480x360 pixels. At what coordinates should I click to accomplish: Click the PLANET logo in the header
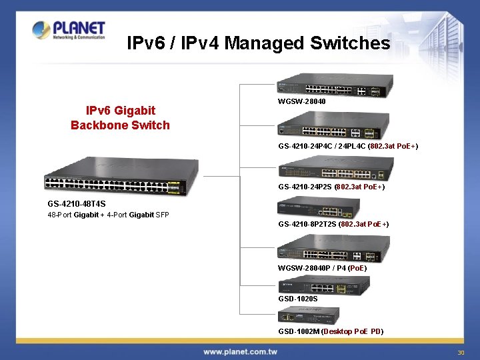point(69,31)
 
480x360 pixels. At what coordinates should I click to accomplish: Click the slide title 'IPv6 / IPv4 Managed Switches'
point(258,43)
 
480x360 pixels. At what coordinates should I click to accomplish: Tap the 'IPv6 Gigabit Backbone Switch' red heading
point(121,117)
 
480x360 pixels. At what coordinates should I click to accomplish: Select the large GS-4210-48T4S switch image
point(121,177)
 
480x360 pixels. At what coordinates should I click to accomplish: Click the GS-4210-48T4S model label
point(77,203)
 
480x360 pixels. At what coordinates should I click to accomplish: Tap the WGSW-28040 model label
point(302,102)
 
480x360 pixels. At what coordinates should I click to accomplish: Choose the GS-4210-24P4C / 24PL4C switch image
point(333,127)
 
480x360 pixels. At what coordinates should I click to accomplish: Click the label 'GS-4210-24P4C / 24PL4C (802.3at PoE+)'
point(348,146)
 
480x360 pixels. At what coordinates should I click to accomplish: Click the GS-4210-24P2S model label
point(331,187)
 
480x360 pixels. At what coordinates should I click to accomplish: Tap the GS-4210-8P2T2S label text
point(333,225)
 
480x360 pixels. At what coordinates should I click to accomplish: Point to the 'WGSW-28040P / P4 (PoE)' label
point(322,268)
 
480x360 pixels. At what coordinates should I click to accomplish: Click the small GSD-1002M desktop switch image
point(309,316)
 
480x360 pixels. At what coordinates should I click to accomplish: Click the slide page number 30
point(460,353)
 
